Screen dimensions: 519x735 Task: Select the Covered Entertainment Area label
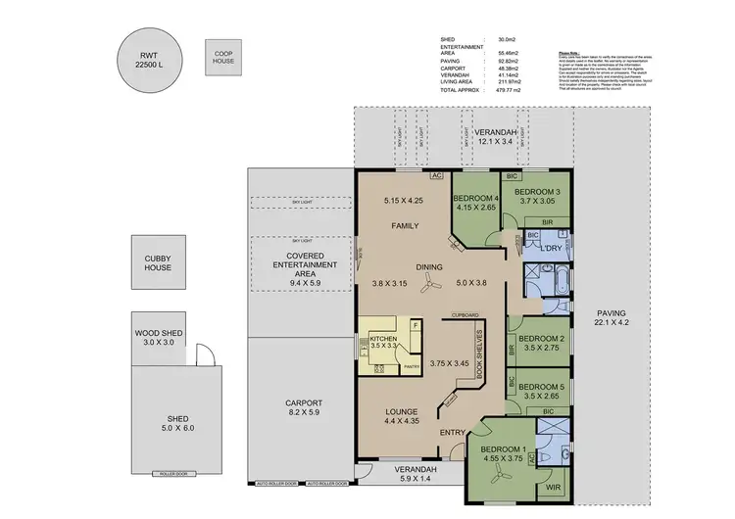(x=304, y=266)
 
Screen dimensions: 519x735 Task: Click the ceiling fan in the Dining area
(x=428, y=285)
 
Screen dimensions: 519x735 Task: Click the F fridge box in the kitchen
(x=415, y=324)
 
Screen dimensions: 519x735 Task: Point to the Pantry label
(x=411, y=367)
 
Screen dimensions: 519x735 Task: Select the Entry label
(x=453, y=432)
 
